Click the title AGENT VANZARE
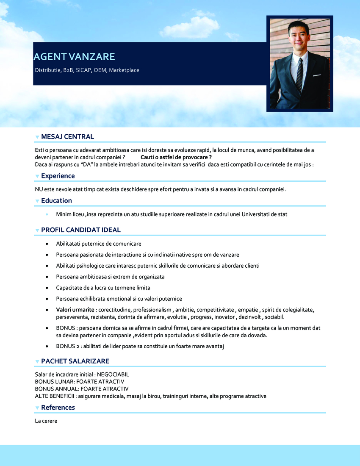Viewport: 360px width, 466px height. pyautogui.click(x=74, y=57)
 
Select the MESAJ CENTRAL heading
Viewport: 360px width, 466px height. pyautogui.click(x=67, y=136)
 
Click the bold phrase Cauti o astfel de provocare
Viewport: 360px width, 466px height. pyautogui.click(x=176, y=157)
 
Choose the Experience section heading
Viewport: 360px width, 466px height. pyautogui.click(x=58, y=176)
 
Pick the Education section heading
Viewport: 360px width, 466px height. pyautogui.click(x=56, y=201)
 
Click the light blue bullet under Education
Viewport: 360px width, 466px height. pyautogui.click(x=47, y=215)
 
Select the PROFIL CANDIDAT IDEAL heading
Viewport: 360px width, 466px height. pyautogui.click(x=81, y=230)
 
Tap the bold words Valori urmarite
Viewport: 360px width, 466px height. pyautogui.click(x=75, y=310)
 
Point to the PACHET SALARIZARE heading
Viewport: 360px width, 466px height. pyautogui.click(x=75, y=361)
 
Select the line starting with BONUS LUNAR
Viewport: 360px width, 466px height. pyautogui.click(x=80, y=382)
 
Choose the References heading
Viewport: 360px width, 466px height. pyautogui.click(x=58, y=408)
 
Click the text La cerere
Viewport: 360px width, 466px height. pyautogui.click(x=46, y=421)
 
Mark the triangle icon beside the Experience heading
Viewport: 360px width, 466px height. pyautogui.click(x=37, y=176)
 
